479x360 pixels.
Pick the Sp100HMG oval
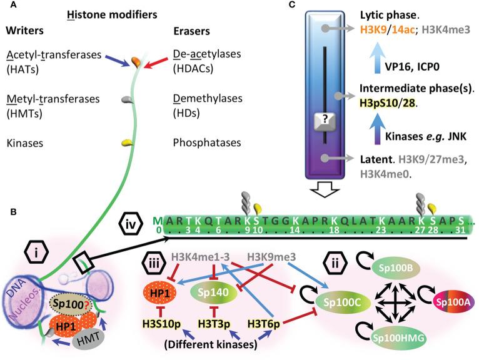click(x=379, y=339)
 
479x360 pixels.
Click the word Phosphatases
click(x=200, y=142)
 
